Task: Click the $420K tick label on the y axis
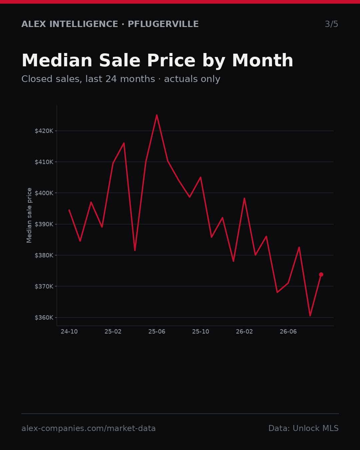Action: [x=44, y=131]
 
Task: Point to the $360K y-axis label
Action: [x=44, y=318]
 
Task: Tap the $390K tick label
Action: [x=44, y=224]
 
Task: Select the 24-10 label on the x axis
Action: [x=69, y=332]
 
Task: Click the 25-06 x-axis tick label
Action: [x=157, y=332]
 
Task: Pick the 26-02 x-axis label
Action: [x=245, y=332]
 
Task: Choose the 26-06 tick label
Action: [x=288, y=332]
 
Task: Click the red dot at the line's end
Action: [x=321, y=275]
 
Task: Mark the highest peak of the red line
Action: [x=157, y=115]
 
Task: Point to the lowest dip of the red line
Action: [x=310, y=316]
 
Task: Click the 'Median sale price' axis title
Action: [x=29, y=215]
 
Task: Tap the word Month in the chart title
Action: [x=263, y=60]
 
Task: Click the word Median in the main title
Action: [x=57, y=60]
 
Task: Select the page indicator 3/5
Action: [x=332, y=24]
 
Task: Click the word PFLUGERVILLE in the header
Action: [x=163, y=24]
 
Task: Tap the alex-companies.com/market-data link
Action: [x=88, y=428]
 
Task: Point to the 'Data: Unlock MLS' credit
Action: [x=304, y=428]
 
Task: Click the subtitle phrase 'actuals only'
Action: [x=192, y=79]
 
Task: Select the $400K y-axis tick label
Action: [x=44, y=193]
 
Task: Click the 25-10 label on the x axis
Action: [x=201, y=332]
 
